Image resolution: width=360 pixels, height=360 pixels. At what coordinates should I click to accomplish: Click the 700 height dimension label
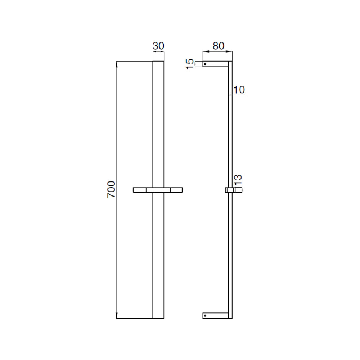pos(111,189)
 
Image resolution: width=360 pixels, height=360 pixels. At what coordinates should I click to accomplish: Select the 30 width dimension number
pos(158,46)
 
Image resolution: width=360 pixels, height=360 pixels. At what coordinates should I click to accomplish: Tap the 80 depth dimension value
pos(218,46)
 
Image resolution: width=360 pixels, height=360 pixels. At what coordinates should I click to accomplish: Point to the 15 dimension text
pos(190,64)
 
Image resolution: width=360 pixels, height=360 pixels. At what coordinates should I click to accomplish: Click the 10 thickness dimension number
pos(239,90)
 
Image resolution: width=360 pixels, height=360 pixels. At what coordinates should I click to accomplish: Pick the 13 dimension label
pos(238,180)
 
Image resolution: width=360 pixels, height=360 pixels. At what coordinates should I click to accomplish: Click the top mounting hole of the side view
pos(205,64)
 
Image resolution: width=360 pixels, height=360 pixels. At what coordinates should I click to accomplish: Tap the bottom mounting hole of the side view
pos(205,316)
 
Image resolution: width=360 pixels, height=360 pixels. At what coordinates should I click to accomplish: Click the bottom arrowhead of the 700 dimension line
pos(116,315)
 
